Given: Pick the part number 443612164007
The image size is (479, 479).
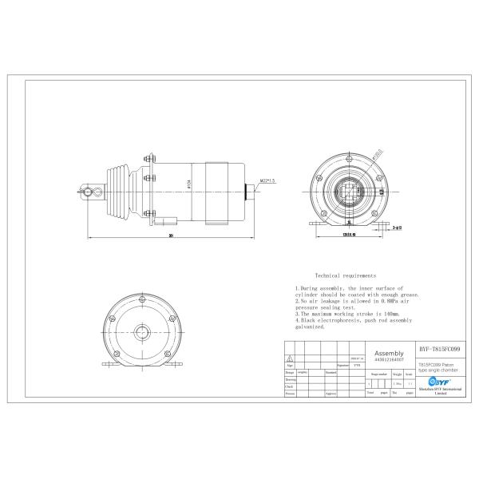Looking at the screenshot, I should click(x=388, y=358).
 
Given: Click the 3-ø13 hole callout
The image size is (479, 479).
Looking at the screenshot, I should click(x=397, y=227).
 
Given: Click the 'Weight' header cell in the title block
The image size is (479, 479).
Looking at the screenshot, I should click(x=397, y=372).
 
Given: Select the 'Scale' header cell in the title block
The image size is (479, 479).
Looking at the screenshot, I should click(x=410, y=372).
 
